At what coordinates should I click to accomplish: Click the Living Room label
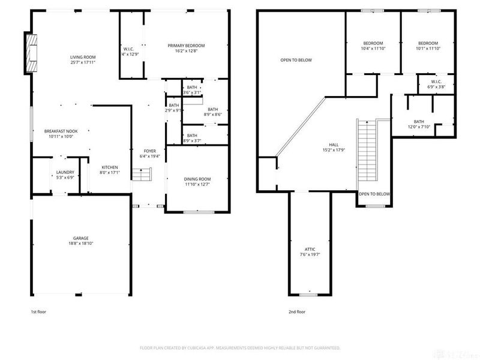(x=83, y=56)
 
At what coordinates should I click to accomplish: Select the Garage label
(x=81, y=239)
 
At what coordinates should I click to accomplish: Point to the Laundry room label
(x=65, y=172)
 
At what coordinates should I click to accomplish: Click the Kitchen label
(x=109, y=167)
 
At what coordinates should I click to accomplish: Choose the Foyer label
(x=149, y=151)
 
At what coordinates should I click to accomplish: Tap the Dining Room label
(x=197, y=179)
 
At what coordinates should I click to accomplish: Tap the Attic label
(x=310, y=249)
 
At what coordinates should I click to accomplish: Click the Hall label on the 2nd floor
(x=333, y=145)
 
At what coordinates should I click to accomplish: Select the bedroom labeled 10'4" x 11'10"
(x=373, y=43)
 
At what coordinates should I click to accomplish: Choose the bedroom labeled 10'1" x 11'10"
(x=428, y=43)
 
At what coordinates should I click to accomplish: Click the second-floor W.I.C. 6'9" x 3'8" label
(x=437, y=82)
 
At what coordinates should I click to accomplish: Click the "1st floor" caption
(x=38, y=311)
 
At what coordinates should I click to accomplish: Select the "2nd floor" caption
(x=296, y=311)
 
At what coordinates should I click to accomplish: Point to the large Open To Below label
(x=296, y=60)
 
